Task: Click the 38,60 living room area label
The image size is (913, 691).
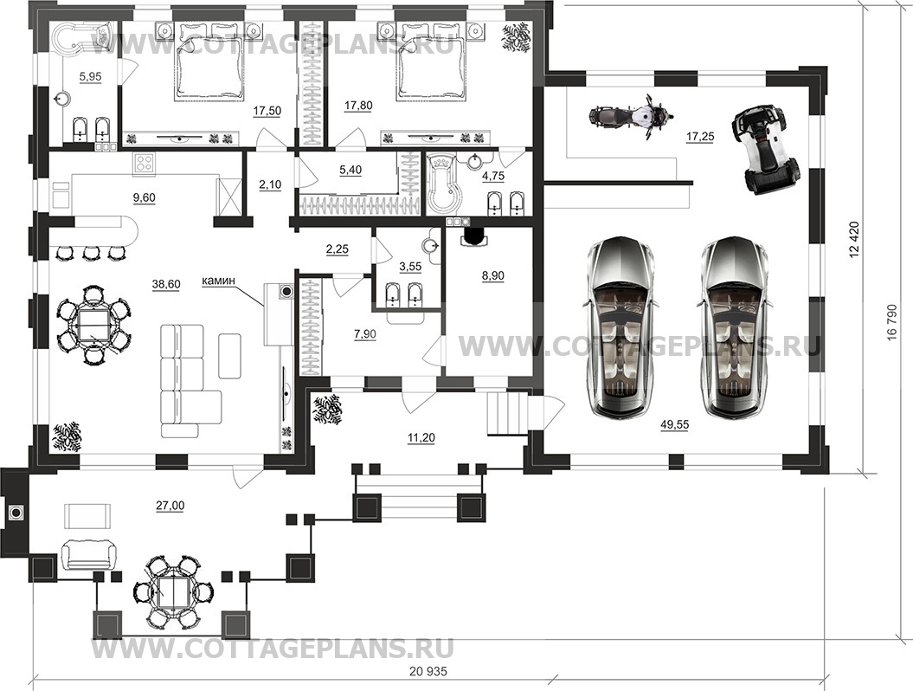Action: [166, 284]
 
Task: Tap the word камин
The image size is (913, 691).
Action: [218, 281]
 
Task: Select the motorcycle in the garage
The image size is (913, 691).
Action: [630, 116]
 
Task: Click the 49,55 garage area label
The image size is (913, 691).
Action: [674, 425]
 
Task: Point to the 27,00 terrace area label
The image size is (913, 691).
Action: [170, 506]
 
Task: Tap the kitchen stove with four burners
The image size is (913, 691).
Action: [145, 163]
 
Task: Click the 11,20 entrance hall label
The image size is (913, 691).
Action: [421, 437]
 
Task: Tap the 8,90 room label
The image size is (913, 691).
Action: [492, 275]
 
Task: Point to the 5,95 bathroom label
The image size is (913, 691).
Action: [90, 76]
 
